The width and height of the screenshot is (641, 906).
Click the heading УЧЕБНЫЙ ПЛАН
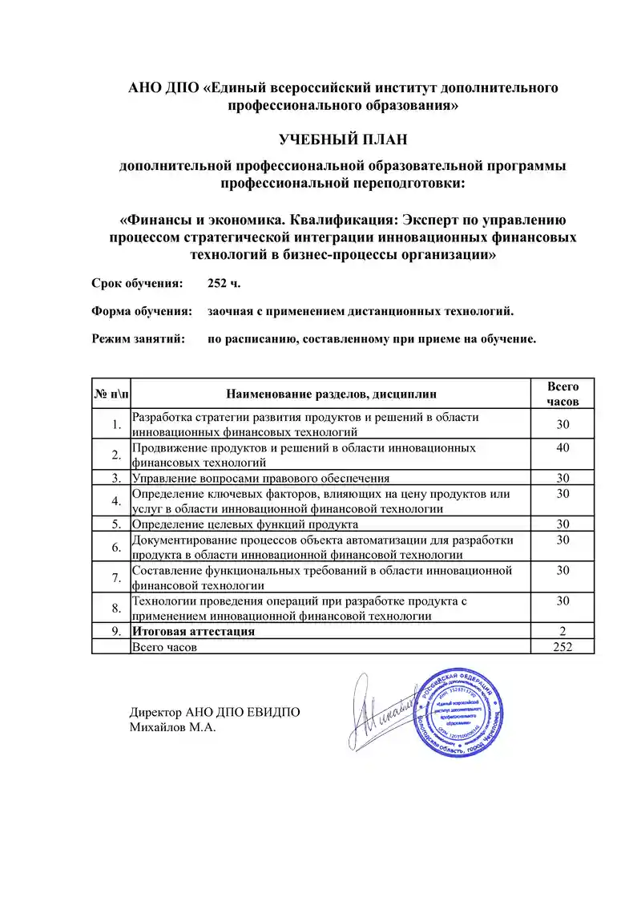coord(343,140)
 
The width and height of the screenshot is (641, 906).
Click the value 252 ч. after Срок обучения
coord(224,284)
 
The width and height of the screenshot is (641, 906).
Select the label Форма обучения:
coord(142,311)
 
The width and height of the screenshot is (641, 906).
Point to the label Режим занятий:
coord(139,338)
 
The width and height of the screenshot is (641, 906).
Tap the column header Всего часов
coord(562,394)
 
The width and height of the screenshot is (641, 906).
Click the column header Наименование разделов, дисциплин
coord(331,394)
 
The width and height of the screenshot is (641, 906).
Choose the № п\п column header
coord(111,394)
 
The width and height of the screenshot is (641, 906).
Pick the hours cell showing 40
coord(562,447)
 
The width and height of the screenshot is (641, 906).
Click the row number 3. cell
coord(116,478)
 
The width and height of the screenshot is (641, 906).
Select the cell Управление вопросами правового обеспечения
coord(260,478)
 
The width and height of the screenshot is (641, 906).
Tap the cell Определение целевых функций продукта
coord(244,524)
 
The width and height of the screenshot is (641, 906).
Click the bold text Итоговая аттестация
coord(193,631)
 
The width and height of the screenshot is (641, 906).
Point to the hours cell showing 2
coord(562,631)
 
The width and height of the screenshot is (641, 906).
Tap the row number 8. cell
coord(116,608)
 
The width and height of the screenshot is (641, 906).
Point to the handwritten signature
coord(381,710)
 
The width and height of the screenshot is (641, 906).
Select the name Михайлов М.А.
coord(173,727)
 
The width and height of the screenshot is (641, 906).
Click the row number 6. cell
coord(116,548)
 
